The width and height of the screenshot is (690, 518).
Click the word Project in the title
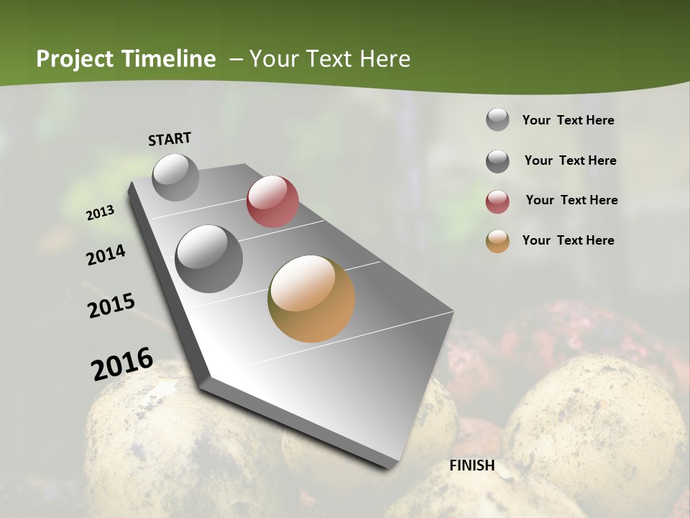pyautogui.click(x=74, y=59)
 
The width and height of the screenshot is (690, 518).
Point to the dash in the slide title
pyautogui.click(x=236, y=59)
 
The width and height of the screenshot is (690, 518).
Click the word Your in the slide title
pyautogui.click(x=274, y=59)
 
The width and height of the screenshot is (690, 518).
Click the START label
pyautogui.click(x=170, y=139)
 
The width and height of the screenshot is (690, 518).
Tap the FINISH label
pyautogui.click(x=472, y=465)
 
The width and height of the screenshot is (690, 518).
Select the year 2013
pyautogui.click(x=101, y=213)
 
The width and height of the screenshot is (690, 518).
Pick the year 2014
pyautogui.click(x=106, y=255)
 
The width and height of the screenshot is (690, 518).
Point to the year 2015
pyautogui.click(x=111, y=306)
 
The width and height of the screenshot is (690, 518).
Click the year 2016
pyautogui.click(x=122, y=364)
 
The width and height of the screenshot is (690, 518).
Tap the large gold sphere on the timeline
pyautogui.click(x=311, y=299)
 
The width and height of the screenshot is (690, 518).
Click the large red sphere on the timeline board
pyautogui.click(x=272, y=201)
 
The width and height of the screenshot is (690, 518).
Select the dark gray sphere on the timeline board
pyautogui.click(x=209, y=258)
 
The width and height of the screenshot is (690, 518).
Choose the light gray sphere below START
pyautogui.click(x=176, y=177)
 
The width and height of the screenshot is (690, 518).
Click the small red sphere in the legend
pyautogui.click(x=497, y=201)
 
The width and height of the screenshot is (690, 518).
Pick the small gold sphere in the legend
pyautogui.click(x=497, y=241)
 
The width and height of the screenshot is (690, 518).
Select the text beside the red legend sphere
pyautogui.click(x=571, y=200)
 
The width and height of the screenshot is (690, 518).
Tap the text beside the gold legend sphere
pyautogui.click(x=568, y=240)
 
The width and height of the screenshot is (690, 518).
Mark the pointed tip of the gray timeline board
pyautogui.click(x=392, y=466)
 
